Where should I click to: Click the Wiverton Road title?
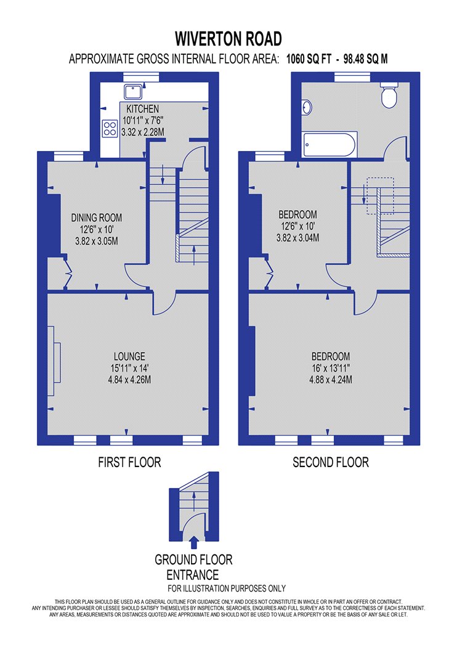point(228,39)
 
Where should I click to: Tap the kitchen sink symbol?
point(133,92)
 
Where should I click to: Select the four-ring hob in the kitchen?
point(110,128)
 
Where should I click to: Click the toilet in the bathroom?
point(389,94)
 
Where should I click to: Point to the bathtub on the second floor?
point(330,144)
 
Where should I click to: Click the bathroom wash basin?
point(307,108)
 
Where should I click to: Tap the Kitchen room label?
point(142,109)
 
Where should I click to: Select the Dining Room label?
point(97,218)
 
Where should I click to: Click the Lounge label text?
point(129,356)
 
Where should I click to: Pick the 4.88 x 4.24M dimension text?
point(331,380)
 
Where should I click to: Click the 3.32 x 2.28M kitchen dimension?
point(143,132)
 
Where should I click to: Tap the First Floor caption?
point(129,462)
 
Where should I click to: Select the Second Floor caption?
point(331,462)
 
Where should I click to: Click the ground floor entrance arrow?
point(194,542)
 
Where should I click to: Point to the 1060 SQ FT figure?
point(309,59)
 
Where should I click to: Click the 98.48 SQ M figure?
point(365,59)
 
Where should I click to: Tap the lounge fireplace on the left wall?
point(54,361)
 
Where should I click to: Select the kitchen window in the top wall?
point(142,77)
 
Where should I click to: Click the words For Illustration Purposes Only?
point(227,588)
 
